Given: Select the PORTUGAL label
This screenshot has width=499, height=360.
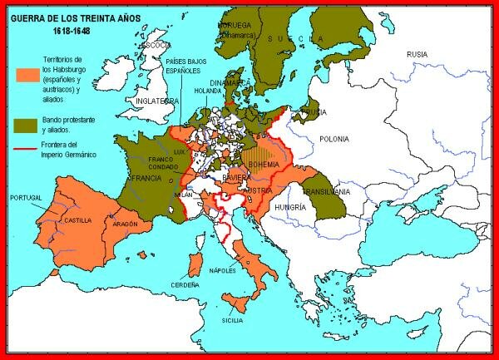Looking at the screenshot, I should (26, 198).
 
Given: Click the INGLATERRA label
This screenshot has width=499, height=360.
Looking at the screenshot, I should (158, 101).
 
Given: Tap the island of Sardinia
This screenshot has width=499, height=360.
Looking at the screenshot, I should (195, 265).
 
